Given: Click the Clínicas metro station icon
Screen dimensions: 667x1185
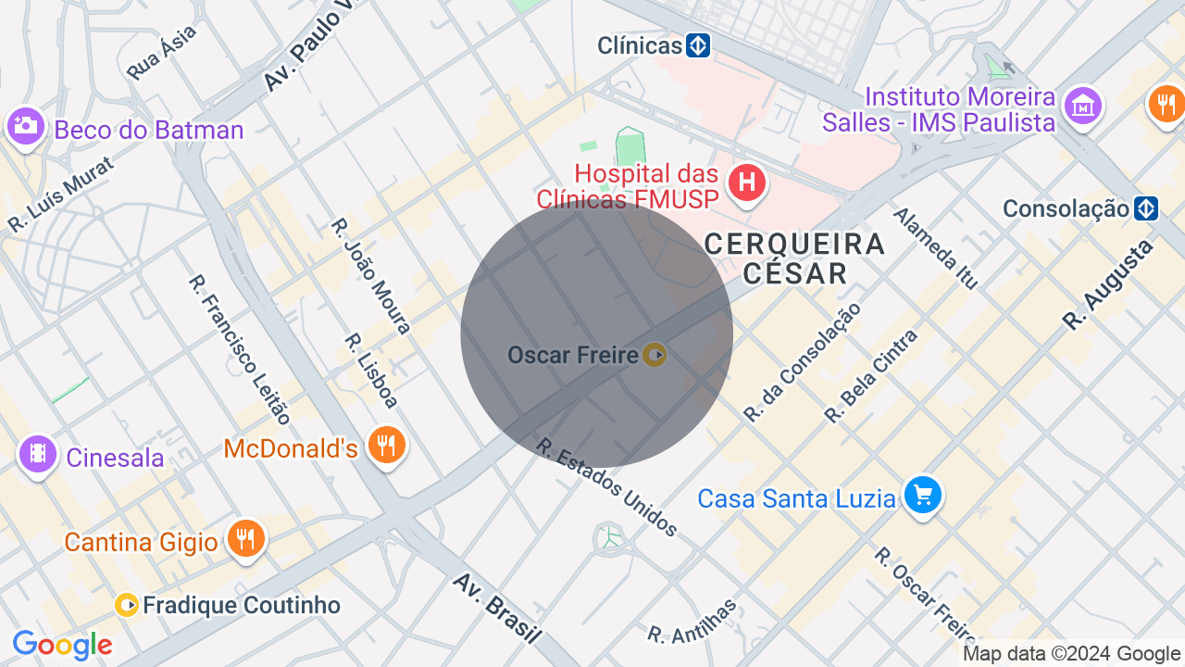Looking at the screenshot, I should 698,45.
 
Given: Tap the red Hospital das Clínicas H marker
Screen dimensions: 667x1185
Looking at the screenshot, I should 746,182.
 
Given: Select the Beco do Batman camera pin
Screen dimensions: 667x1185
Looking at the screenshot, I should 25,127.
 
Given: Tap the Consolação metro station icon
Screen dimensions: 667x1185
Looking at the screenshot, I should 1146,208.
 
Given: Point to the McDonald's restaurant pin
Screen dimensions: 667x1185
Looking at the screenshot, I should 386,447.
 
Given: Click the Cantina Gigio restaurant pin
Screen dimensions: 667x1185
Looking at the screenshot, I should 245,538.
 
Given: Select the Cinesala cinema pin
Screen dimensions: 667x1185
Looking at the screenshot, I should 38,454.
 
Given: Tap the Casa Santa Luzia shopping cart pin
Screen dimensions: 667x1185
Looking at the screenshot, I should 922,496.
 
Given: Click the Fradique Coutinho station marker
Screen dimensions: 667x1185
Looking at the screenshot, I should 127,606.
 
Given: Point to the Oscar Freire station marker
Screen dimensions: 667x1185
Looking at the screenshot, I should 655,354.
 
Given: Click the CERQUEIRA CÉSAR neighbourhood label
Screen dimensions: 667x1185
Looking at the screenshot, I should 794,258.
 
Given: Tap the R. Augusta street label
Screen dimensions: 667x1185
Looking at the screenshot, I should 1109,284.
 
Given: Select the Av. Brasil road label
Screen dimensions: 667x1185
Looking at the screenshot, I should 496,608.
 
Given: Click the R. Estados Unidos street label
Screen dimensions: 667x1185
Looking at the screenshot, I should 607,487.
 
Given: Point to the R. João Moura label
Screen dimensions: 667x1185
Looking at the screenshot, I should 371,276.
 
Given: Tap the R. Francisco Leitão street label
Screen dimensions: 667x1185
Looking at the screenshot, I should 240,350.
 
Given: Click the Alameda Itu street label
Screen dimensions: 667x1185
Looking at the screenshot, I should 935,248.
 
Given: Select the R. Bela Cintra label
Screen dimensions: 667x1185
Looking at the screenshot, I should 871,375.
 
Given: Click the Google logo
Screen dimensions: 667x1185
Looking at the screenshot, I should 62,645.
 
